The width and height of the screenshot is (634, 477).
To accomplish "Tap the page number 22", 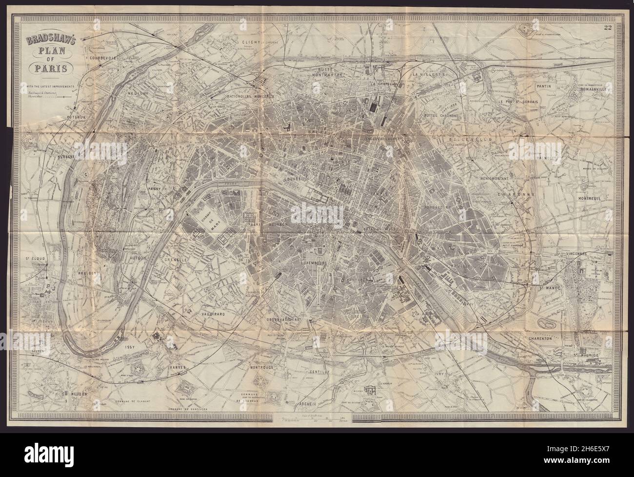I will [x=607, y=28].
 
